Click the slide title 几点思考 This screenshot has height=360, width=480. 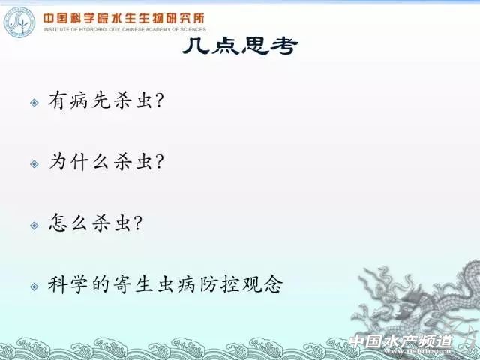(x=240, y=47)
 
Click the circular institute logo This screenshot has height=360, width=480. (x=20, y=23)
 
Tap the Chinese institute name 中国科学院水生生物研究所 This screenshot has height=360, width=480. (x=123, y=17)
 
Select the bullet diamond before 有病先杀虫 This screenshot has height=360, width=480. (x=34, y=101)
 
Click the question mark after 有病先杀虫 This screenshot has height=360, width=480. (x=158, y=100)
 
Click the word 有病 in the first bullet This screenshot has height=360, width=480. (x=70, y=100)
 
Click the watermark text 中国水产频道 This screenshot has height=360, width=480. (x=401, y=342)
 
